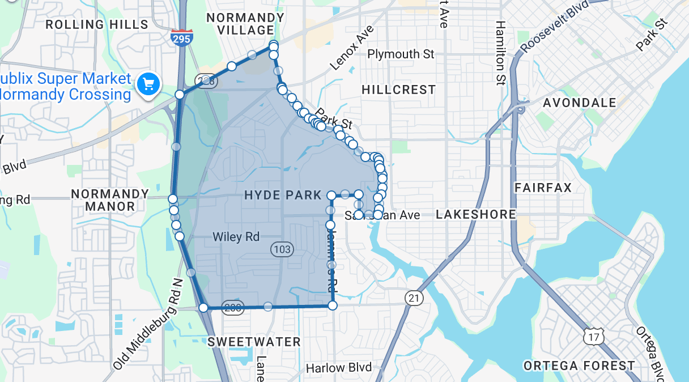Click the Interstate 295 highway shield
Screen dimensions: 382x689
(181, 37)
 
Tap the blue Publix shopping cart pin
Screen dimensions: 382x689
(148, 84)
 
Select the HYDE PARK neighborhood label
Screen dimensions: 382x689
(283, 195)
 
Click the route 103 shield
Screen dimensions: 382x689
(282, 249)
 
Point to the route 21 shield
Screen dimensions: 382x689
(414, 298)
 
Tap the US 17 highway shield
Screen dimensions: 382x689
(593, 337)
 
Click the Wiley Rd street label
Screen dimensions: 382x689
(236, 237)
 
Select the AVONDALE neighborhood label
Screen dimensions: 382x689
(579, 103)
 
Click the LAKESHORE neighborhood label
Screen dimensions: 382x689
(476, 214)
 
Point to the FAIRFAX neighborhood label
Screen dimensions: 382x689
(543, 188)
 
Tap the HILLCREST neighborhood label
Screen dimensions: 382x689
(398, 90)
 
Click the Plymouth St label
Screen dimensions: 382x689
(401, 54)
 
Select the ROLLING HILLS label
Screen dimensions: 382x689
(96, 24)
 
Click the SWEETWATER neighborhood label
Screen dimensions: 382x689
(254, 342)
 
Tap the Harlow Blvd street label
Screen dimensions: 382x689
(339, 368)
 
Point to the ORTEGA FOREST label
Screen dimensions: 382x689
(579, 366)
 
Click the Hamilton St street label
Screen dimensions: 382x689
(500, 52)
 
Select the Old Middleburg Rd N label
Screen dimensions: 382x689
(149, 323)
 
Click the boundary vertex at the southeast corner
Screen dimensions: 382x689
(333, 305)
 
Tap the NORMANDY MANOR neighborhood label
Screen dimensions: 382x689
(110, 200)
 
